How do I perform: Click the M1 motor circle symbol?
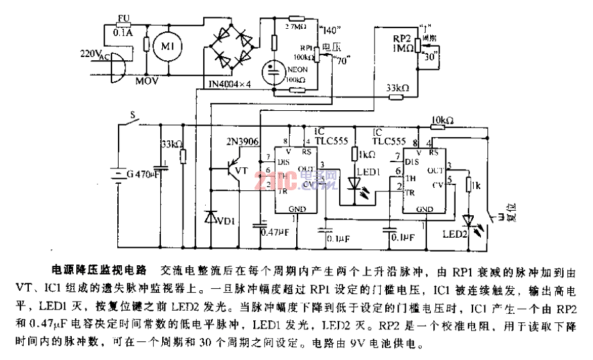pos(167,45)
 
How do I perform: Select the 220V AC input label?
pos(94,56)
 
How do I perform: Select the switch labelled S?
pos(133,116)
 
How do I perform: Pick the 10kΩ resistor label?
pos(443,120)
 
